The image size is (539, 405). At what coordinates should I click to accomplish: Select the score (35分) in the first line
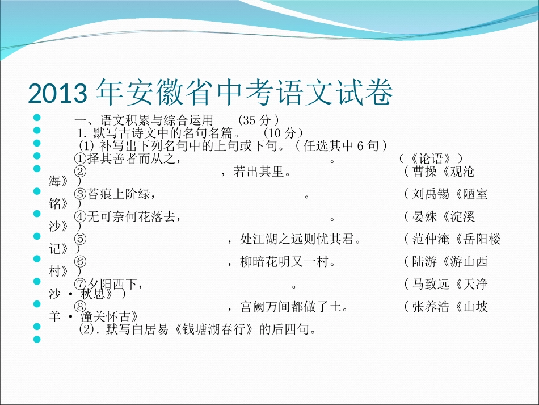(x=259, y=120)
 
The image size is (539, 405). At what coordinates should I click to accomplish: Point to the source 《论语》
(x=431, y=158)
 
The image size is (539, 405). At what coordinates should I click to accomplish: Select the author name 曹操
(x=424, y=171)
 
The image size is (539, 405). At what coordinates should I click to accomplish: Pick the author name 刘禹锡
(x=431, y=194)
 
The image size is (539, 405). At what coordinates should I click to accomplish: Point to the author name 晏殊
(x=424, y=216)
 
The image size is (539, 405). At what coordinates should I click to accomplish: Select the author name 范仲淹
(x=431, y=239)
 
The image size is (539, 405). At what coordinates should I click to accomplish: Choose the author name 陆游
(x=424, y=262)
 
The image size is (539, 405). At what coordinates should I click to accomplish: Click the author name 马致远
(x=431, y=283)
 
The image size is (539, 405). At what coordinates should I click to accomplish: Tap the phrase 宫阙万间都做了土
(x=292, y=307)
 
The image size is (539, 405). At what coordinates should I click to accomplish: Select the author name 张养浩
(x=431, y=307)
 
